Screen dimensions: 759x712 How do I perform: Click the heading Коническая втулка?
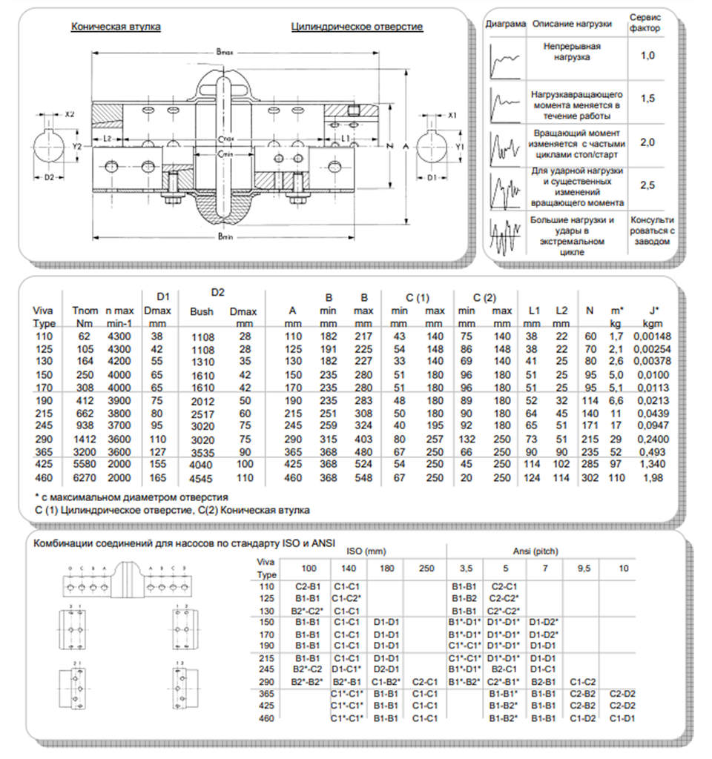(x=116, y=27)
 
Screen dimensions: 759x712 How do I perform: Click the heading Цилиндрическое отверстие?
(x=357, y=27)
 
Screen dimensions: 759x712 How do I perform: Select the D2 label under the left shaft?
(x=49, y=178)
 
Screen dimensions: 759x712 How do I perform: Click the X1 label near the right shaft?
(x=452, y=116)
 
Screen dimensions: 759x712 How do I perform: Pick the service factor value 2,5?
(x=647, y=186)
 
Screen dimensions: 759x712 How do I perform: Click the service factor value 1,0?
(x=647, y=56)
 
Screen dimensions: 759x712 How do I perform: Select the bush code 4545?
(x=202, y=478)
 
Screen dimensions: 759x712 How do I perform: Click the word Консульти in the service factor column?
(x=652, y=220)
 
